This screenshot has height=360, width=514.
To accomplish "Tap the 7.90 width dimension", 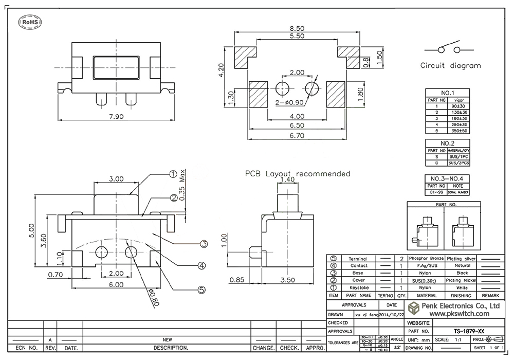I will click(117, 117).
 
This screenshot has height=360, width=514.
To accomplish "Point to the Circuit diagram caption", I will click(451, 66).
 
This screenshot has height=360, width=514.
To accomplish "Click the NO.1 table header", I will click(448, 93).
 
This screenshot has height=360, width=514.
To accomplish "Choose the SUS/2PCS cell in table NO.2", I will click(458, 163).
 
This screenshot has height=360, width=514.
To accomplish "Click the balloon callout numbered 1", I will click(173, 174).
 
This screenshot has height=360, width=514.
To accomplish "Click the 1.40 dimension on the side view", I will click(288, 181).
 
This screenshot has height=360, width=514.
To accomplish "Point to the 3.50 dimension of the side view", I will click(288, 280).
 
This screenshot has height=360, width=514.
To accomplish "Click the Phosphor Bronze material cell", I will click(426, 258).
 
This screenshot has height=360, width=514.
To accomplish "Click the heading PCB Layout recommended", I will click(298, 174).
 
